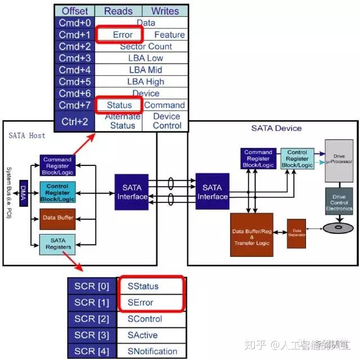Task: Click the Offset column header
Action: (x=75, y=11)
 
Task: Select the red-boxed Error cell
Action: (x=123, y=35)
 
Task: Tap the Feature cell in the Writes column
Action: (x=169, y=35)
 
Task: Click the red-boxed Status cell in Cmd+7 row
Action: (x=119, y=105)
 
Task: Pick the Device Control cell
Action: (x=166, y=121)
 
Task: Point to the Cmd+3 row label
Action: (x=75, y=58)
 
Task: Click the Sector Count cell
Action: (x=146, y=47)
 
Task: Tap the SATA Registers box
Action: (x=57, y=243)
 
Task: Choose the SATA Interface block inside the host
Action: (x=133, y=191)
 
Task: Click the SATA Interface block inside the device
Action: (x=215, y=191)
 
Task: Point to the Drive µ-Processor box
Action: (x=339, y=160)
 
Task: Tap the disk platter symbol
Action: (x=338, y=228)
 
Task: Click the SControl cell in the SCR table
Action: (x=145, y=319)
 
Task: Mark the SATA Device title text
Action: (x=276, y=128)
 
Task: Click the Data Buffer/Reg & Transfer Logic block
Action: (x=251, y=234)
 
